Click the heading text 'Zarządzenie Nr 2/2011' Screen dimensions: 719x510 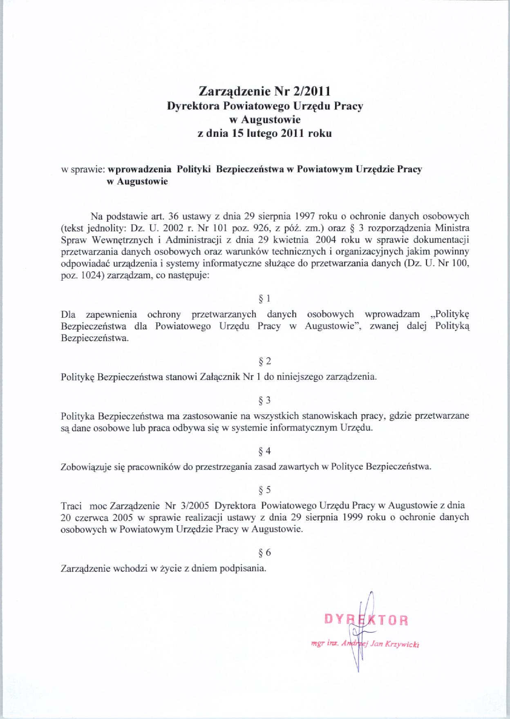(264, 90)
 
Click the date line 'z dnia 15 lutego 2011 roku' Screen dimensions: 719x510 (264, 133)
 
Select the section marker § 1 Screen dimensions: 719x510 (265, 299)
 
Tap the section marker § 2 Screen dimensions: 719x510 (265, 361)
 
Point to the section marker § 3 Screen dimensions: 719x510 (265, 400)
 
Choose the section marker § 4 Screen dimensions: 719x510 (265, 451)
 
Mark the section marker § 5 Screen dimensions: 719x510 (265, 490)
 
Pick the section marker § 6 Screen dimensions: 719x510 (265, 552)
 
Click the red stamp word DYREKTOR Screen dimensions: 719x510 (366, 620)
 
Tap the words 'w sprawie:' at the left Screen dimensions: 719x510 (83, 169)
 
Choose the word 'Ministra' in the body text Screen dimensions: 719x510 (452, 228)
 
